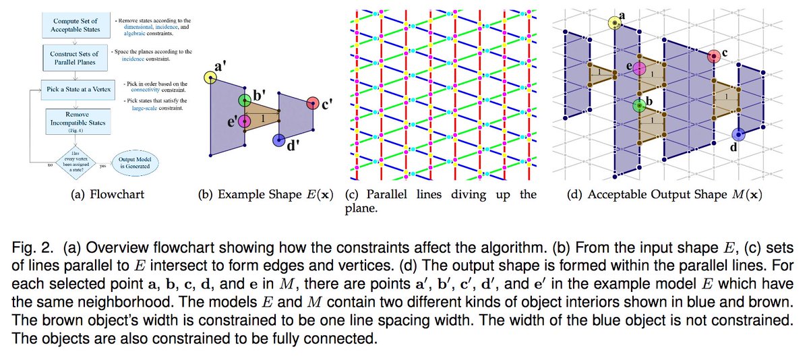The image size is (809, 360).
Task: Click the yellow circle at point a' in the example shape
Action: pos(211,79)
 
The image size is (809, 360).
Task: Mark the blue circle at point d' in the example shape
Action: pos(278,140)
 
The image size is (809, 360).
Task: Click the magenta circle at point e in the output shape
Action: pos(638,67)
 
